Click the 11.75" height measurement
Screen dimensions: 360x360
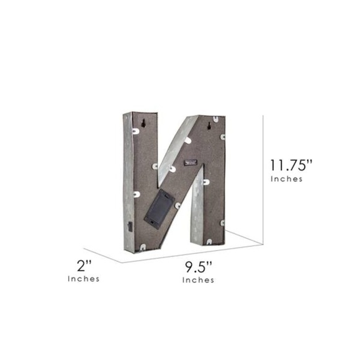291,165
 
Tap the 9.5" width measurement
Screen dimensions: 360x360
198,267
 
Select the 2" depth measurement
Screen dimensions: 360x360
84,266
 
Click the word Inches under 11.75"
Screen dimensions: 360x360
287,179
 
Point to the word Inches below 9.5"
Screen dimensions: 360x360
198,280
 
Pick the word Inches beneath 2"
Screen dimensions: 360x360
84,279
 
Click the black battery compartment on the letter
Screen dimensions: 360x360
159,209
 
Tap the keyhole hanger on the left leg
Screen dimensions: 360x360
143,124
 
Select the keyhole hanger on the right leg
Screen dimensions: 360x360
209,125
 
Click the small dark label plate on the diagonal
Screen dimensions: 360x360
191,163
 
